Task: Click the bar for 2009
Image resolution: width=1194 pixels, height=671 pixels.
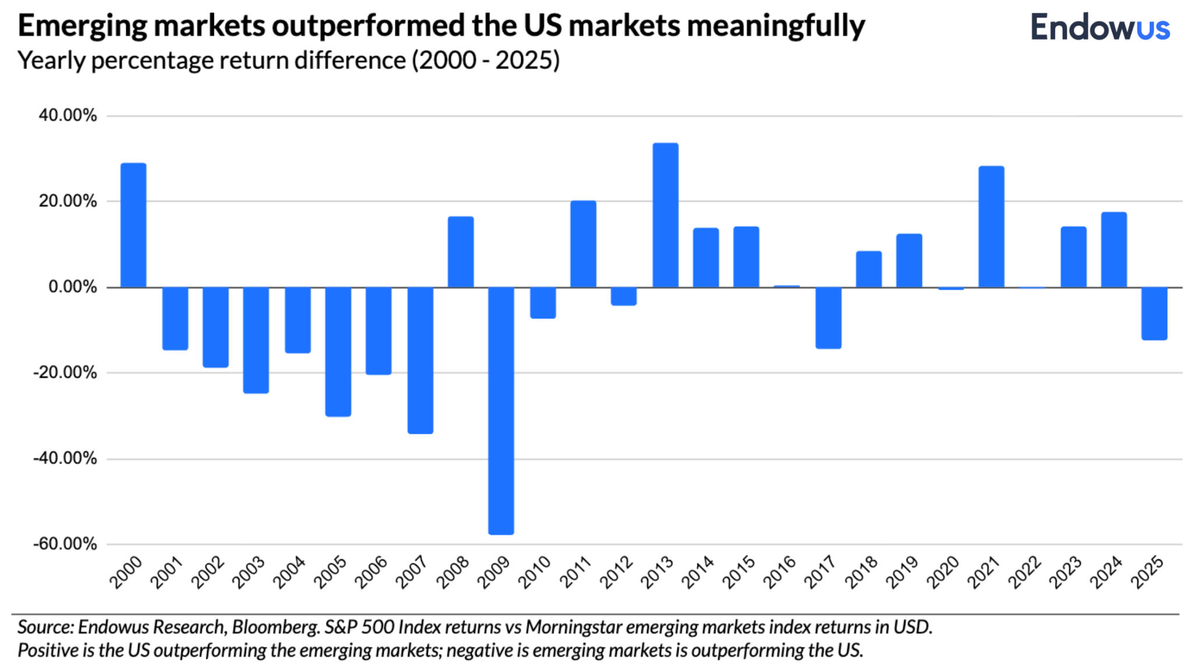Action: click(x=501, y=410)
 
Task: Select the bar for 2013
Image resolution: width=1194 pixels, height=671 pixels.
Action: click(x=665, y=215)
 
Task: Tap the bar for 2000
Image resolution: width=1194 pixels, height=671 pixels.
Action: click(x=134, y=225)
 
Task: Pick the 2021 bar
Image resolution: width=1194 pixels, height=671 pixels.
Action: click(x=991, y=227)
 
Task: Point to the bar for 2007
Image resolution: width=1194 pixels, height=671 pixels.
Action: click(x=420, y=360)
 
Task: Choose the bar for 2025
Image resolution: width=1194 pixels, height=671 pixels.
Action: click(x=1154, y=313)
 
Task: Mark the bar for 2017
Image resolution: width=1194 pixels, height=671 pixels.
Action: click(x=828, y=318)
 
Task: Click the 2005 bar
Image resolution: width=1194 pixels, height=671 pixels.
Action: click(x=338, y=352)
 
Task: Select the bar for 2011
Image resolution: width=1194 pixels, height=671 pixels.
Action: click(x=583, y=244)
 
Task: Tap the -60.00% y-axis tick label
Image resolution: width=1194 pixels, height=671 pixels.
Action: click(x=65, y=544)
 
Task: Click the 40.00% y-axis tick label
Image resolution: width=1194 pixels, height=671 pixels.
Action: click(x=68, y=115)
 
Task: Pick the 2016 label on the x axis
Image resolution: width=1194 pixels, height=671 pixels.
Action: click(x=779, y=572)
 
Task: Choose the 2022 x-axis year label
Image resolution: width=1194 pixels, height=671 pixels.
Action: click(x=1025, y=572)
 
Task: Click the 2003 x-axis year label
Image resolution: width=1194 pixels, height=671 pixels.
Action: click(x=248, y=572)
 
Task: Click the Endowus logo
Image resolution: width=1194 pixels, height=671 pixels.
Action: click(x=1100, y=27)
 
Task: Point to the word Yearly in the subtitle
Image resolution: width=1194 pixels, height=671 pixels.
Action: click(x=51, y=61)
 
